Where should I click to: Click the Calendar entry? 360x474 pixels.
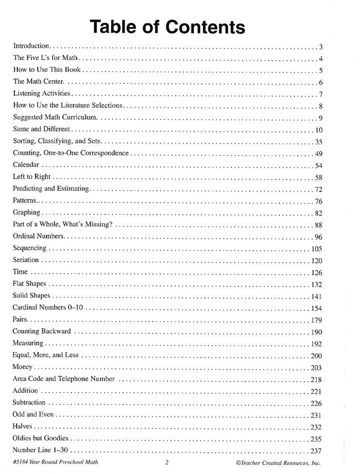pos(26,166)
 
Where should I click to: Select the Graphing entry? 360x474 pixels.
pos(27,213)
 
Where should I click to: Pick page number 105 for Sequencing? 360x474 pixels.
pos(317,249)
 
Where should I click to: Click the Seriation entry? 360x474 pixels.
pos(26,260)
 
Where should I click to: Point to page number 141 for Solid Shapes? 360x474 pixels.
pos(317,296)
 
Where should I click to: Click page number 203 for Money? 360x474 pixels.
pos(317,368)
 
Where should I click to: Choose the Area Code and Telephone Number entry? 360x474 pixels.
pos(63,379)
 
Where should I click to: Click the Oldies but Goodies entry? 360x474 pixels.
pos(42,438)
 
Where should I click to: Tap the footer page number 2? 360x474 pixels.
pos(166,463)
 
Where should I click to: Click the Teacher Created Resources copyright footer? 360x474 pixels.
pos(278,463)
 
